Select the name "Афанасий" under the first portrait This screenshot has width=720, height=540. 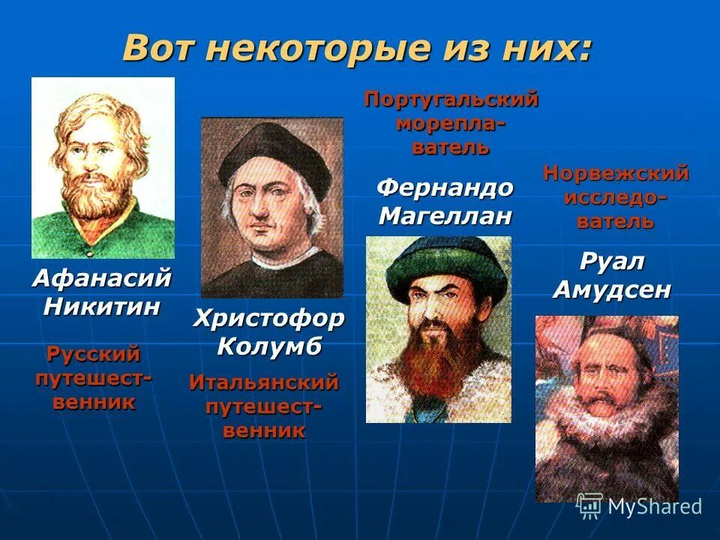[102, 279]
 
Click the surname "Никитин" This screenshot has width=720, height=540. [102, 306]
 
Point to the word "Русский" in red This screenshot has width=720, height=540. [94, 353]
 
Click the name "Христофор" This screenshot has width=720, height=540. [269, 319]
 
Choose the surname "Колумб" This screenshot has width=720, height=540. [269, 346]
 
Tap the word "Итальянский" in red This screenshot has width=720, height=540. [264, 383]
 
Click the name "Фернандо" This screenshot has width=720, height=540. [445, 187]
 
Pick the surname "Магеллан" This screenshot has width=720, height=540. [445, 216]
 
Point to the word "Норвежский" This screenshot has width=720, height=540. [616, 174]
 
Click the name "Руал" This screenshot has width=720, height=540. [612, 262]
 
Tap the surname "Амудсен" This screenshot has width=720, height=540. [612, 289]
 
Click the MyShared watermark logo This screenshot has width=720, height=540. [640, 506]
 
